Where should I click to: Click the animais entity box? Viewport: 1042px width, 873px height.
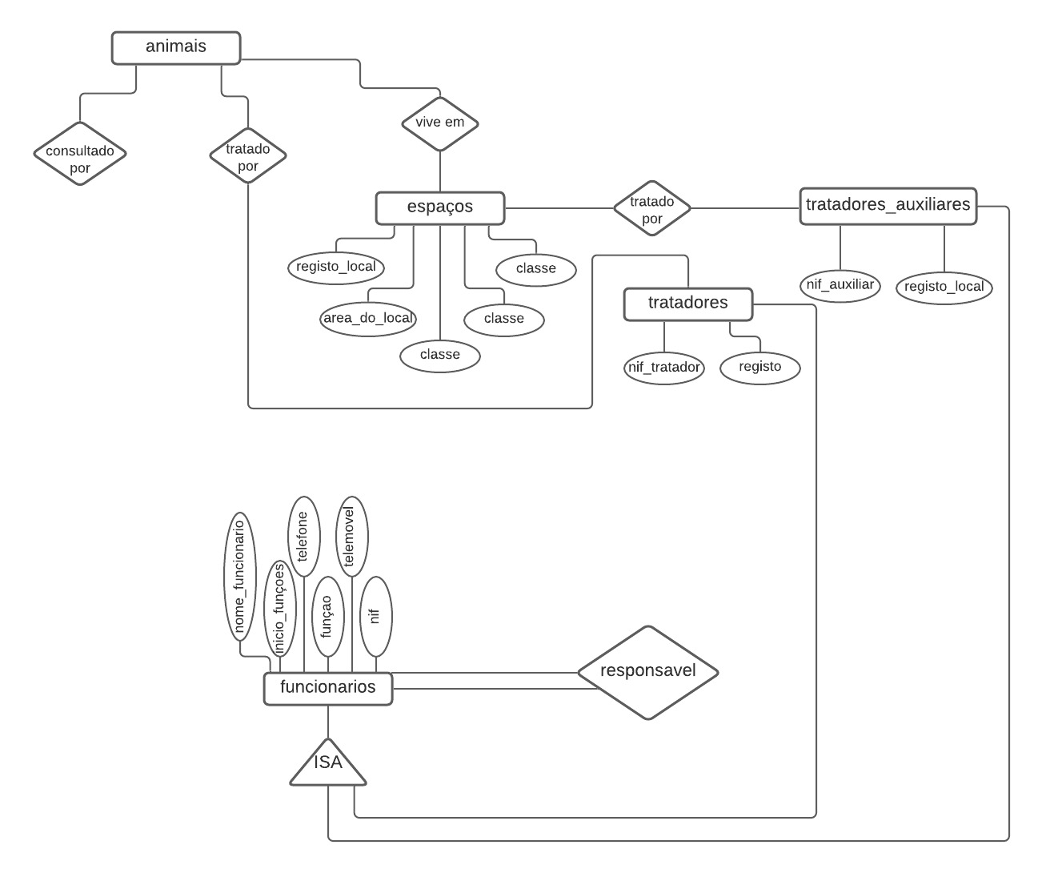(x=176, y=47)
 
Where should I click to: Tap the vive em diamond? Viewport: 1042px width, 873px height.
(x=440, y=123)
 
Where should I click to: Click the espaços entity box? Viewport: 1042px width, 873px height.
(x=440, y=207)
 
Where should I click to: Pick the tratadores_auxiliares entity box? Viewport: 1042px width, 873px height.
(x=888, y=206)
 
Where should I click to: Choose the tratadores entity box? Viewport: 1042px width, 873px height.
(x=687, y=304)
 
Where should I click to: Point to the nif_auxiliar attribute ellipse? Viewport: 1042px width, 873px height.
(x=840, y=285)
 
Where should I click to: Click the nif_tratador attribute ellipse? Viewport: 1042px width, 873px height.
(x=664, y=368)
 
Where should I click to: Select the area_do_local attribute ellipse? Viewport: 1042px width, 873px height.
(x=368, y=319)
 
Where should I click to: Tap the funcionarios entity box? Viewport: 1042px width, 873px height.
(x=328, y=688)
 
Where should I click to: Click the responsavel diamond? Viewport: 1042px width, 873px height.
(x=648, y=672)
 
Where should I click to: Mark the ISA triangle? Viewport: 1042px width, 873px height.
(x=328, y=765)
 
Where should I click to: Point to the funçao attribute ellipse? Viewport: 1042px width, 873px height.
(x=327, y=615)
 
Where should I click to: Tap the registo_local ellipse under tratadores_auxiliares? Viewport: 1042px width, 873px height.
(x=944, y=287)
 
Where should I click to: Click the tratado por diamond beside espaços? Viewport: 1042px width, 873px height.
(x=652, y=208)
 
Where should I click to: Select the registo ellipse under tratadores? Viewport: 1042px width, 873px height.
(x=760, y=368)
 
